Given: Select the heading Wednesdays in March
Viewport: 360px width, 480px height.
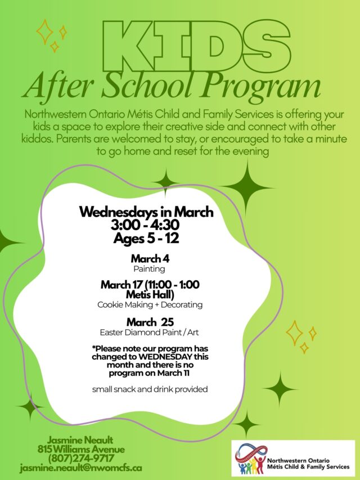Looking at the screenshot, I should click(146, 213).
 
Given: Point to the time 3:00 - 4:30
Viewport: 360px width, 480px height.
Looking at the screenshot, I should click(146, 225).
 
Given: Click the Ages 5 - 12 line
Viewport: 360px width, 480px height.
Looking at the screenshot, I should click(146, 237).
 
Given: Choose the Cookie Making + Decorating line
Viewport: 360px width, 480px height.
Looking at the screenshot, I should click(150, 304).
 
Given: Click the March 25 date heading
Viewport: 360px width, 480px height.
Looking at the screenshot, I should click(150, 322).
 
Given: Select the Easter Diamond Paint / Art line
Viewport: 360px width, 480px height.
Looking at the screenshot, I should click(150, 332).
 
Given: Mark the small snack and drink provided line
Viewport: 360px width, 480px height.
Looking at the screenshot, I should click(150, 389).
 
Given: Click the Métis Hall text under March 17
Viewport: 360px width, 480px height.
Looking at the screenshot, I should click(150, 294).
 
